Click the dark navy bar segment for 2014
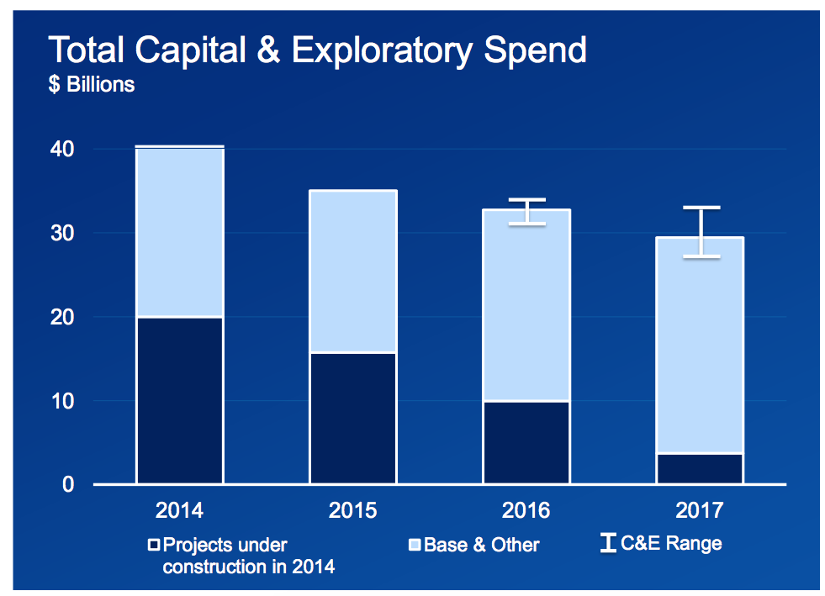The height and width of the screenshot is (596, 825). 179,400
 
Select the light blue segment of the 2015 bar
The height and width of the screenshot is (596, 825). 353,271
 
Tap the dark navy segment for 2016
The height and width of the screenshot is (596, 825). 526,442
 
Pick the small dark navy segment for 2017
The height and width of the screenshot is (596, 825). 699,468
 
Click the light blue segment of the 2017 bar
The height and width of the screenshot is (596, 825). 699,345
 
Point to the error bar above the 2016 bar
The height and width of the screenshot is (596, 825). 526,212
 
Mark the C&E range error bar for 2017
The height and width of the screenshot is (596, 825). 701,232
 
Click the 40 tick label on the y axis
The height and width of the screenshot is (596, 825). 62,149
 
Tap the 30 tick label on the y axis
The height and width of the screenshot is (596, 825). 62,233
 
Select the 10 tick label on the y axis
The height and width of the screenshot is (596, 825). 62,401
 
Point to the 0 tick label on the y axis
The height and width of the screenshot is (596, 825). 68,484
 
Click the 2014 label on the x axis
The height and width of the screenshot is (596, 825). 179,510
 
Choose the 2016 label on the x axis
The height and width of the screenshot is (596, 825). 526,510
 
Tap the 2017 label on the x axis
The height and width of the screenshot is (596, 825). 699,510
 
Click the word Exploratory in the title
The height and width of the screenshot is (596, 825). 382,51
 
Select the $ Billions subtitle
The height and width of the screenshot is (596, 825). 92,84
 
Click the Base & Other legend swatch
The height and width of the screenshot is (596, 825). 415,545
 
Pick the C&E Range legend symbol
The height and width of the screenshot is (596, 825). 608,543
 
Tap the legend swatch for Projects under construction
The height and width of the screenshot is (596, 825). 154,545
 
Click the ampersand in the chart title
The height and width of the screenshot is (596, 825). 268,50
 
